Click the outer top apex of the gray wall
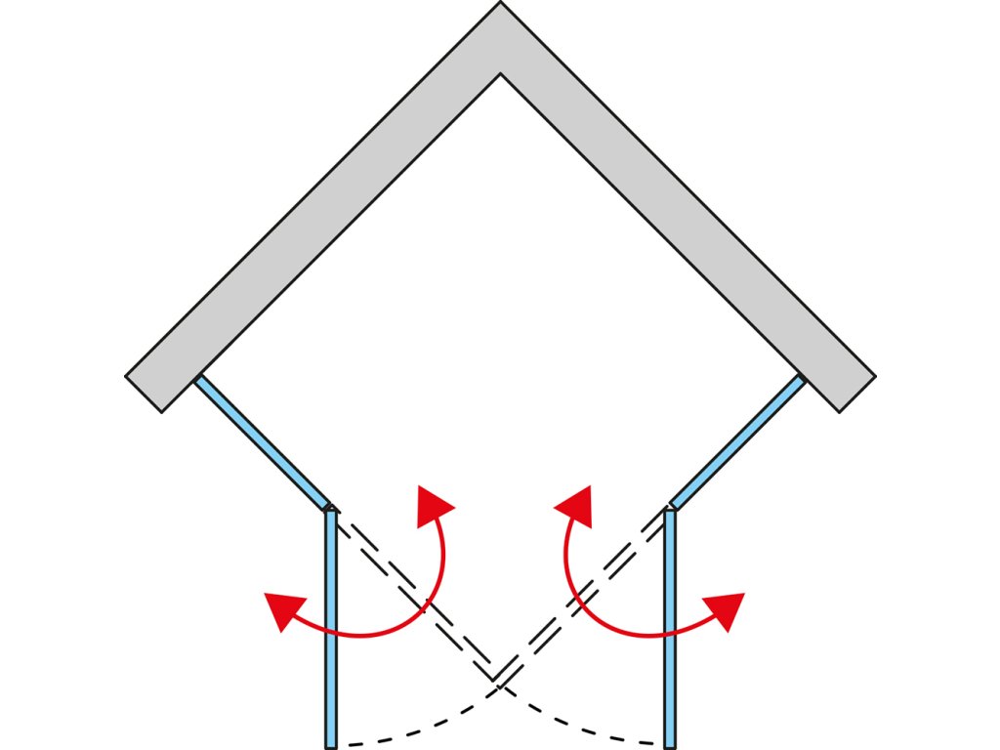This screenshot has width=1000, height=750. tap(500, 5)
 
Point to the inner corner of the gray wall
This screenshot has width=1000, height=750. tap(500, 74)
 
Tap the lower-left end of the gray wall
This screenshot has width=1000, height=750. tap(144, 393)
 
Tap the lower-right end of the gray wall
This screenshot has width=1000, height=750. tap(856, 393)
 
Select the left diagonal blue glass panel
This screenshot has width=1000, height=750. tap(262, 441)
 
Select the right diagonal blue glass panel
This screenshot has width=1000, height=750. tap(738, 441)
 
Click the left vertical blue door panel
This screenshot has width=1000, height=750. tap(330, 625)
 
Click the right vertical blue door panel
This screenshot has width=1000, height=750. tap(670, 625)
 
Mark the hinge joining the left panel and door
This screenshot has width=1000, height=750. tap(330, 508)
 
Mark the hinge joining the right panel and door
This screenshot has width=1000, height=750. tap(670, 508)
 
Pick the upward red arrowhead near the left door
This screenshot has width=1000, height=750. tap(433, 503)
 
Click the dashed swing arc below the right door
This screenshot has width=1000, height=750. tap(586, 728)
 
